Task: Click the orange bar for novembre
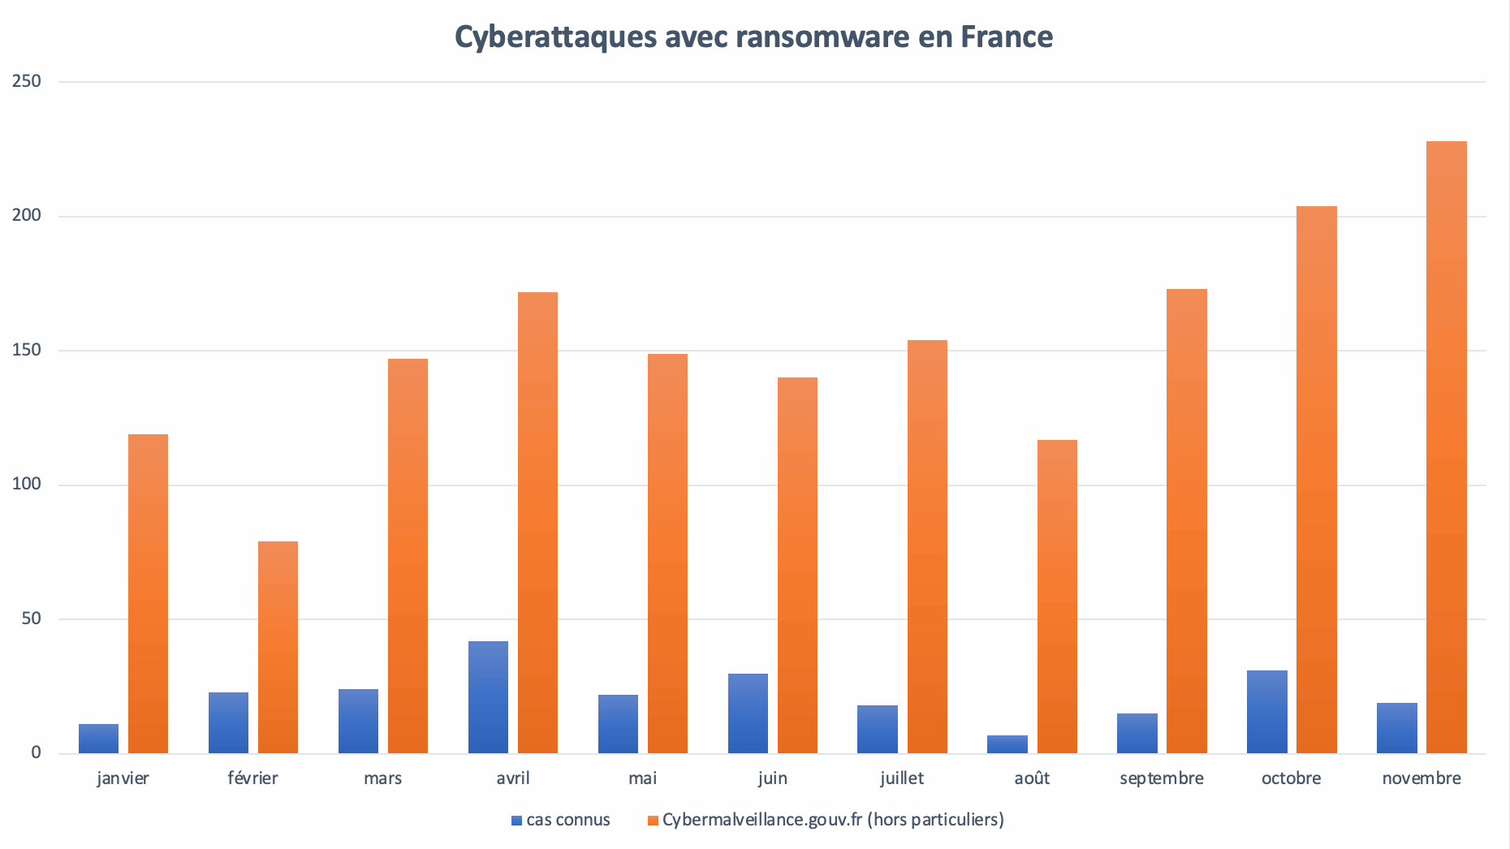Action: [x=1446, y=446]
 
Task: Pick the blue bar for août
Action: [x=1007, y=744]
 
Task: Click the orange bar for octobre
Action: [x=1316, y=479]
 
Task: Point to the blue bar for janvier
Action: [x=98, y=739]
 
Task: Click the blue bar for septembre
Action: [x=1137, y=733]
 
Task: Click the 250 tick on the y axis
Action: [x=27, y=81]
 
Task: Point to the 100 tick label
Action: [x=27, y=485]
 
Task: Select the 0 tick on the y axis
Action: [x=36, y=752]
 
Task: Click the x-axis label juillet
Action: [x=902, y=778]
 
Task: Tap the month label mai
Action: [x=642, y=778]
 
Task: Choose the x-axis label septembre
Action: [x=1162, y=778]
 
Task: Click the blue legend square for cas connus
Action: [x=516, y=821]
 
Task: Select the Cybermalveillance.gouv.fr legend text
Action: [x=833, y=820]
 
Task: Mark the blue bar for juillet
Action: [x=878, y=729]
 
